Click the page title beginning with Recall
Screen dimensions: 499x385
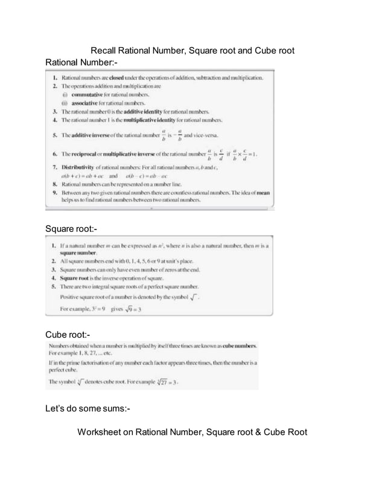tap(192, 51)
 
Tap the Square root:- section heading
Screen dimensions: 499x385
tap(71, 228)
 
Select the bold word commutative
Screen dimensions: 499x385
tap(88, 95)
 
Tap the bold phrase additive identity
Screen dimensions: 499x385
tap(154, 112)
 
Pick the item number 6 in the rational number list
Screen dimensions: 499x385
tap(55, 154)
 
